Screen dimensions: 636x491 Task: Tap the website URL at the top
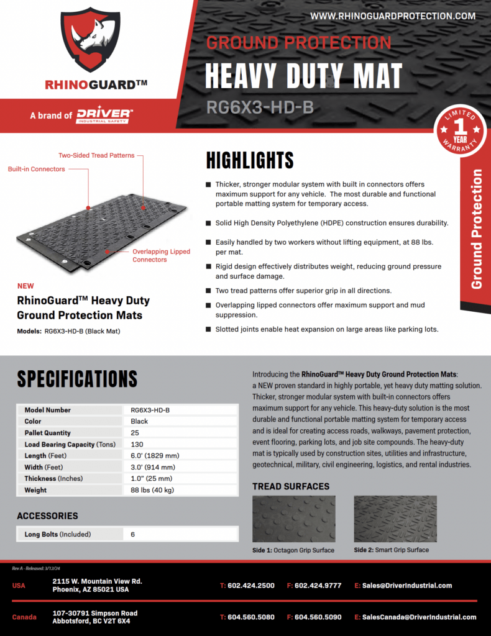[x=393, y=16]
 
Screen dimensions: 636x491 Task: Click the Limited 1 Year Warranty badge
[x=461, y=130]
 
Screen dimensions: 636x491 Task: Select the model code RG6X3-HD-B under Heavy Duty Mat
[x=259, y=108]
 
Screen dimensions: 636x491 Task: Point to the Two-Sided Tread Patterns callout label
[x=96, y=155]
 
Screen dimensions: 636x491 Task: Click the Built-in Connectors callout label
[x=36, y=169]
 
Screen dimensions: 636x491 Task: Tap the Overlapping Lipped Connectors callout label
[x=161, y=255]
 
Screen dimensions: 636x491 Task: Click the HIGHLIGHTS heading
[x=250, y=161]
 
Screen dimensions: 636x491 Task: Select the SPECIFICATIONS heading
[x=77, y=379]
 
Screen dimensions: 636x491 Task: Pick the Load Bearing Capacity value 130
[x=137, y=444]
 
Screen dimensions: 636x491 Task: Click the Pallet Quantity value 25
[x=135, y=433]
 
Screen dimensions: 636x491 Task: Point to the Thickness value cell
[x=152, y=478]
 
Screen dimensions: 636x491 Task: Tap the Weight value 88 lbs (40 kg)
[x=153, y=490]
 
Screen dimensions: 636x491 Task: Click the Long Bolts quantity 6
[x=133, y=534]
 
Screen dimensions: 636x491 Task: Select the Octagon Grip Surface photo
[x=293, y=519]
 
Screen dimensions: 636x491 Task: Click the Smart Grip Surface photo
[x=395, y=519]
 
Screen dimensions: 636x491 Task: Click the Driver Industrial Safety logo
[x=104, y=116]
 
